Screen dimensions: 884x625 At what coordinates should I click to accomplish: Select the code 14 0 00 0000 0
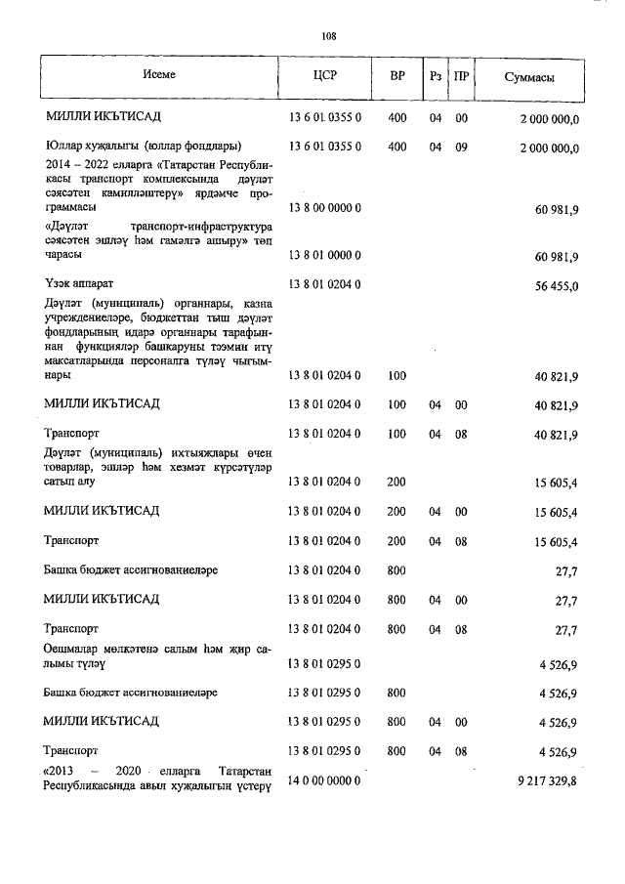(x=325, y=780)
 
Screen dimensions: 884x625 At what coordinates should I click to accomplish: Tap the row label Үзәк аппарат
(x=79, y=284)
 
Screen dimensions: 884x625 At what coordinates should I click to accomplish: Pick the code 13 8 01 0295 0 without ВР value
(x=325, y=664)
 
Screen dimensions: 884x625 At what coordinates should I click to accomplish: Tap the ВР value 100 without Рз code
(x=396, y=376)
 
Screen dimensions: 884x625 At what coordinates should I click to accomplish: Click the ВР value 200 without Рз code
(x=396, y=483)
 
